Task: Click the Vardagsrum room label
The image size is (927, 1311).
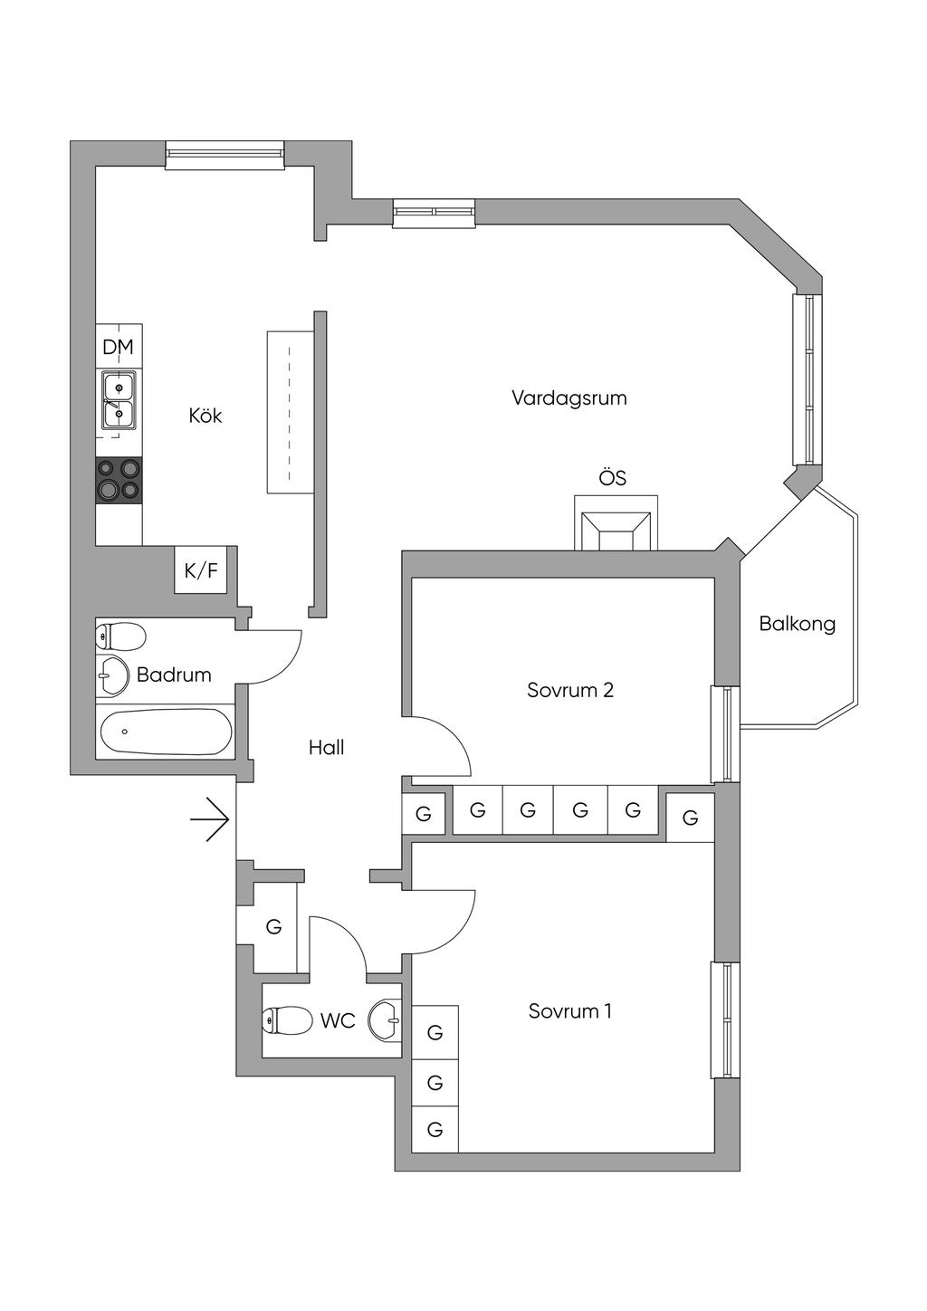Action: click(x=569, y=397)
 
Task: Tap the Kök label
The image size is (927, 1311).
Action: click(x=205, y=416)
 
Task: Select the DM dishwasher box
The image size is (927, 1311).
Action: click(x=119, y=347)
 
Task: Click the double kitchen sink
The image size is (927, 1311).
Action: click(x=119, y=399)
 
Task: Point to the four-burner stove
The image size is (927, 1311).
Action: click(x=119, y=479)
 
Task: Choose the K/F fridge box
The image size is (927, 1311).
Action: click(x=201, y=570)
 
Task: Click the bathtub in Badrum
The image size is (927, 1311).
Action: click(x=165, y=732)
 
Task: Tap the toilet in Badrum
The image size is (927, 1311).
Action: click(x=121, y=636)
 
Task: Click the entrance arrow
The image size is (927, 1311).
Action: click(x=211, y=819)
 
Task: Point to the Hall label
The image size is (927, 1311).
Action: click(x=326, y=748)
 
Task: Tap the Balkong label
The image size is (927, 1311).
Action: click(x=797, y=624)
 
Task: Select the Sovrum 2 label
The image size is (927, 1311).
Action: click(x=570, y=690)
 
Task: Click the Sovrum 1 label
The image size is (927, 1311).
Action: click(x=570, y=1010)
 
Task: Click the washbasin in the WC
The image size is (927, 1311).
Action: click(x=386, y=1020)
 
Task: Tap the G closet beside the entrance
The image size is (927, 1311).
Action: click(x=273, y=927)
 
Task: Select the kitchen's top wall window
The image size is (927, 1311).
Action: click(x=225, y=155)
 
